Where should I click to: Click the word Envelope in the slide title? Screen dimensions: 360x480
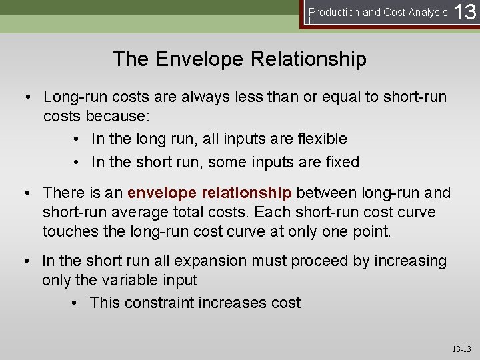[201, 59]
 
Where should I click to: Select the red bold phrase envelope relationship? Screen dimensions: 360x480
[209, 193]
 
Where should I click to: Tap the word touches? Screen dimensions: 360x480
[73, 231]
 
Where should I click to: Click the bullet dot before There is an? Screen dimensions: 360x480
[30, 193]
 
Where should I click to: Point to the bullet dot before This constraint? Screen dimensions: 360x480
[77, 303]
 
